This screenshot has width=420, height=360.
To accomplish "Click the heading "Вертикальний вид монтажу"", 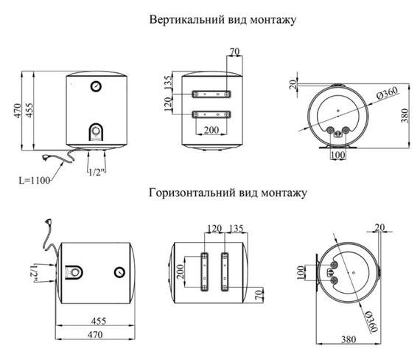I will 222,20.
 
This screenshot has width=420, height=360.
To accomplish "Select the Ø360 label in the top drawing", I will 387,92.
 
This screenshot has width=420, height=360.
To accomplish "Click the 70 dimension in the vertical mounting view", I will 235,52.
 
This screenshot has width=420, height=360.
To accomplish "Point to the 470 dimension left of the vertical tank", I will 17,111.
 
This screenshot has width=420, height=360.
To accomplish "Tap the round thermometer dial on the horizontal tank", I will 119,273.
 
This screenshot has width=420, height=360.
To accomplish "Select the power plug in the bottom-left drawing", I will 49,219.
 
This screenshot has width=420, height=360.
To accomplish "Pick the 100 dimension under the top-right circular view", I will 337,156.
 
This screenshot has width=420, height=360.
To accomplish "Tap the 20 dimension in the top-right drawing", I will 293,84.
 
